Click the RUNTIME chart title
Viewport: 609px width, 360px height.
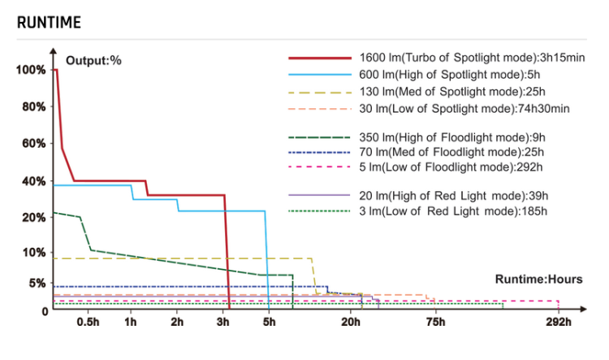pyautogui.click(x=49, y=22)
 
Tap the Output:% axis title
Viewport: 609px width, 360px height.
pyautogui.click(x=93, y=60)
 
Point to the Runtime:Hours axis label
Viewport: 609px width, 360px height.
pyautogui.click(x=538, y=280)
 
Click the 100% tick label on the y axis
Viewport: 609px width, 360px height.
pyautogui.click(x=31, y=70)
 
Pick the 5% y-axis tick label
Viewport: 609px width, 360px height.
pyautogui.click(x=37, y=283)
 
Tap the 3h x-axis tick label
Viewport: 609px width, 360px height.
pyautogui.click(x=223, y=323)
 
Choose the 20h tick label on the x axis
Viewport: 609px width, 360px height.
pyautogui.click(x=351, y=323)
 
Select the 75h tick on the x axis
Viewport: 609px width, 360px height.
pyautogui.click(x=435, y=323)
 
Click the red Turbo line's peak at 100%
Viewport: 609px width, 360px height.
pyautogui.click(x=55, y=70)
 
